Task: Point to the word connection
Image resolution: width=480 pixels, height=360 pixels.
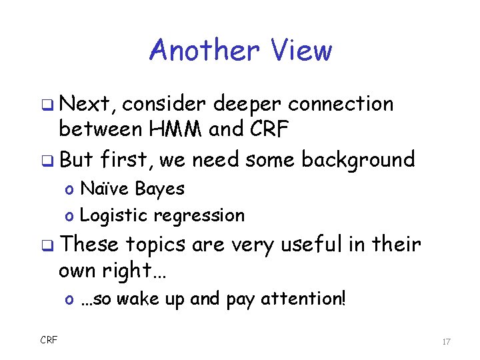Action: pos(341,104)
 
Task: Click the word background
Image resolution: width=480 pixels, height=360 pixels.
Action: pos(358,159)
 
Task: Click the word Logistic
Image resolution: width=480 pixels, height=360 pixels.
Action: pos(114,215)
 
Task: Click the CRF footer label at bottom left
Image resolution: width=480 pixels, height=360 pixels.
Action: pos(49,341)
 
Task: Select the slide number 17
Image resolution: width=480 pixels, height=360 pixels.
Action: pos(446,341)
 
